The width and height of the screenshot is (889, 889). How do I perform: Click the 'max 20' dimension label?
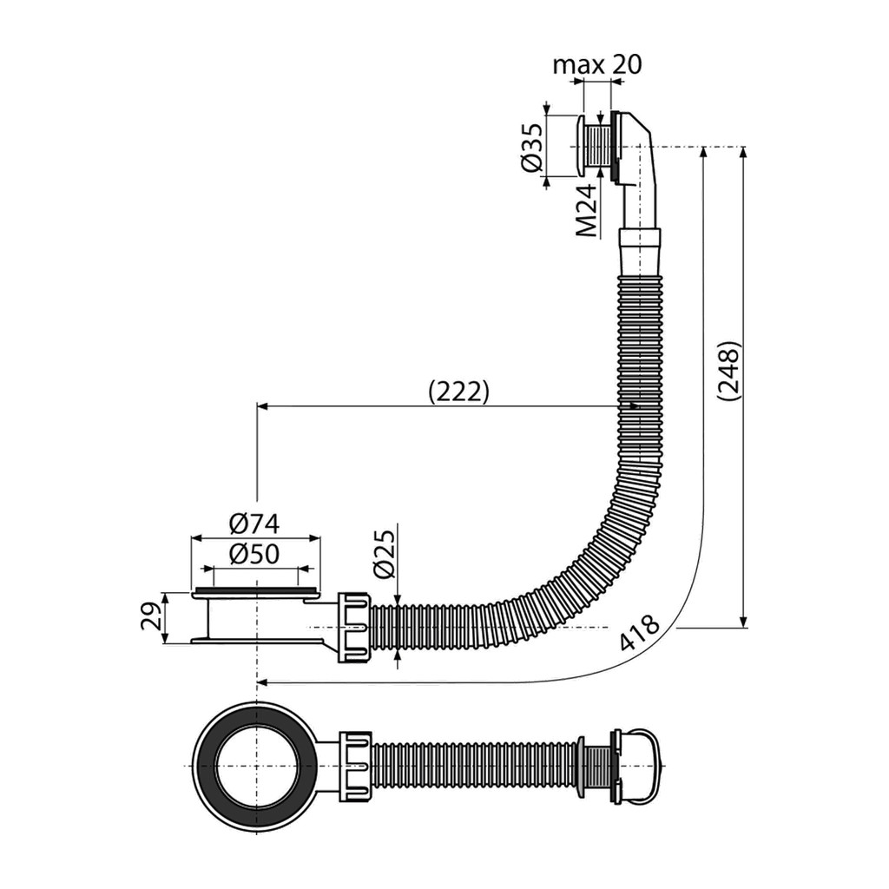pyautogui.click(x=597, y=64)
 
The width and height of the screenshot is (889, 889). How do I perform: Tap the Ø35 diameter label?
pyautogui.click(x=532, y=147)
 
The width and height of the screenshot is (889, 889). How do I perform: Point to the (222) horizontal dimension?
pyautogui.click(x=458, y=392)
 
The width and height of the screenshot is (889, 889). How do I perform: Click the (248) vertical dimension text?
pyautogui.click(x=728, y=372)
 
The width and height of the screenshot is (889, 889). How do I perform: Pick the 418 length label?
pyautogui.click(x=640, y=632)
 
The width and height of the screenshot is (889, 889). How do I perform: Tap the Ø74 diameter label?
pyautogui.click(x=254, y=524)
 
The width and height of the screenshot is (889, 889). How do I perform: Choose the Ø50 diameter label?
pyautogui.click(x=254, y=554)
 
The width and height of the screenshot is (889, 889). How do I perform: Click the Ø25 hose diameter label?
pyautogui.click(x=384, y=554)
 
